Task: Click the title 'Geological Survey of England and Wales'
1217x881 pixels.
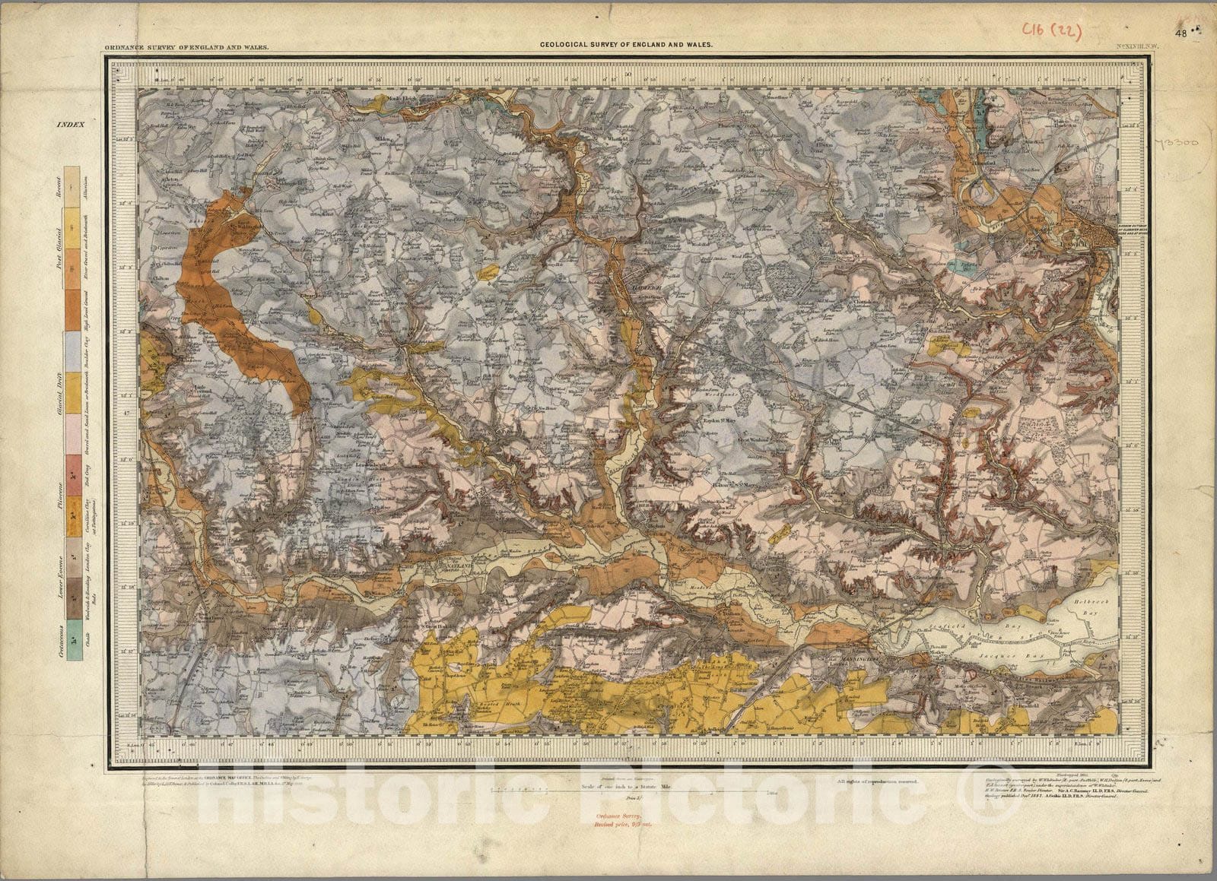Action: click(x=626, y=45)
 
